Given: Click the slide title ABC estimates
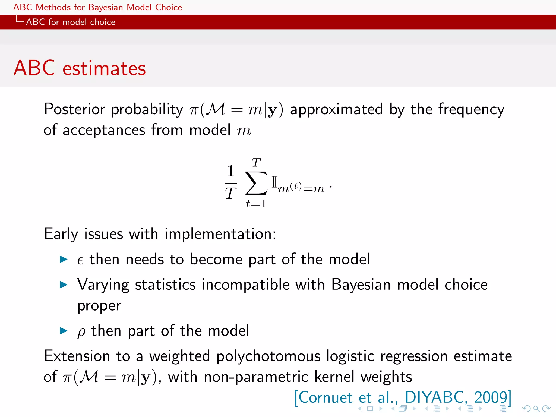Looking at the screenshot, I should tap(80, 68).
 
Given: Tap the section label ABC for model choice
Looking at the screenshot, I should tap(71, 22).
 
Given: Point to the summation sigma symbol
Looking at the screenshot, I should tap(256, 183).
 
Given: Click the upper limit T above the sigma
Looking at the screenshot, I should tap(256, 163).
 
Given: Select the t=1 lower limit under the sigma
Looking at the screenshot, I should tap(256, 204).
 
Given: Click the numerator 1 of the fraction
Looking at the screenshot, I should tap(230, 171).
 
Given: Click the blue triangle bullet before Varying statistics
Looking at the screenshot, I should tap(64, 285).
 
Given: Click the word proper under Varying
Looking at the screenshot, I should tap(99, 306).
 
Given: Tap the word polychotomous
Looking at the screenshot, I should tap(268, 356).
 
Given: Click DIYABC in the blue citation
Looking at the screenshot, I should tap(434, 397).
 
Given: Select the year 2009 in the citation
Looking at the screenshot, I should tap(490, 397).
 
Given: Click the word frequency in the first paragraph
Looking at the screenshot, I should tap(471, 109).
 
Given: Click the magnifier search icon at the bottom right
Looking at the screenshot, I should tap(536, 408).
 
